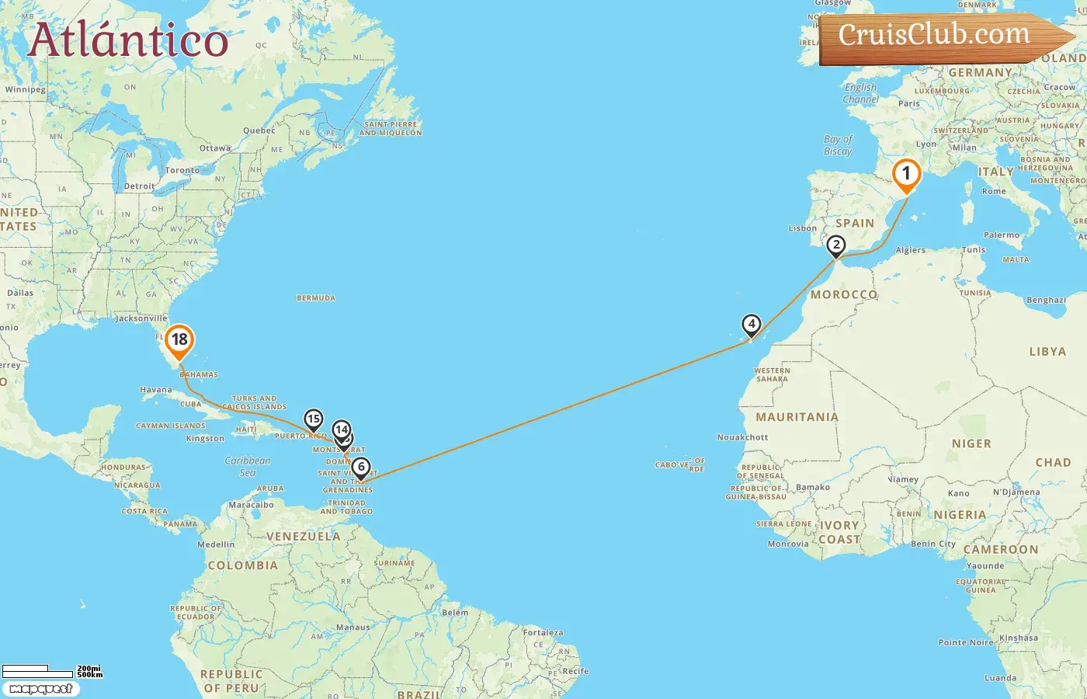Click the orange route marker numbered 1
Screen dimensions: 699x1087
pos(905,174)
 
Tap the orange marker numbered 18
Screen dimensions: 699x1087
pos(179,339)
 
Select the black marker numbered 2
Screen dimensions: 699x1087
pos(835,245)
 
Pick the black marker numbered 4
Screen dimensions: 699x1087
pos(751,324)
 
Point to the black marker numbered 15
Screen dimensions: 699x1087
pos(313,419)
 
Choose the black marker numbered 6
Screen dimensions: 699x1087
pos(360,468)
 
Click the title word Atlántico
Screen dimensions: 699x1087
pos(128,40)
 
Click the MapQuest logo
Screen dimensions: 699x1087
pos(40,689)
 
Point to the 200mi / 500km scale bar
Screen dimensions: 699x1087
pos(51,670)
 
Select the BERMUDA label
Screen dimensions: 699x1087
pos(316,298)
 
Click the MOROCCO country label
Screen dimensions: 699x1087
pos(844,295)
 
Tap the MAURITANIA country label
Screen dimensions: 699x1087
pos(797,417)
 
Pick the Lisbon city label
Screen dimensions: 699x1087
pos(802,228)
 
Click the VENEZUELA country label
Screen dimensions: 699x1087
pos(303,537)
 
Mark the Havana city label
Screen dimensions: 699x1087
pos(156,390)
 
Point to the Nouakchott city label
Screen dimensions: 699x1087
pos(742,437)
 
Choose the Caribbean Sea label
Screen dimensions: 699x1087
pos(248,466)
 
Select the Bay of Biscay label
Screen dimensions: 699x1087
pos(838,145)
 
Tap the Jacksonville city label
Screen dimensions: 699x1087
pos(141,318)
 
